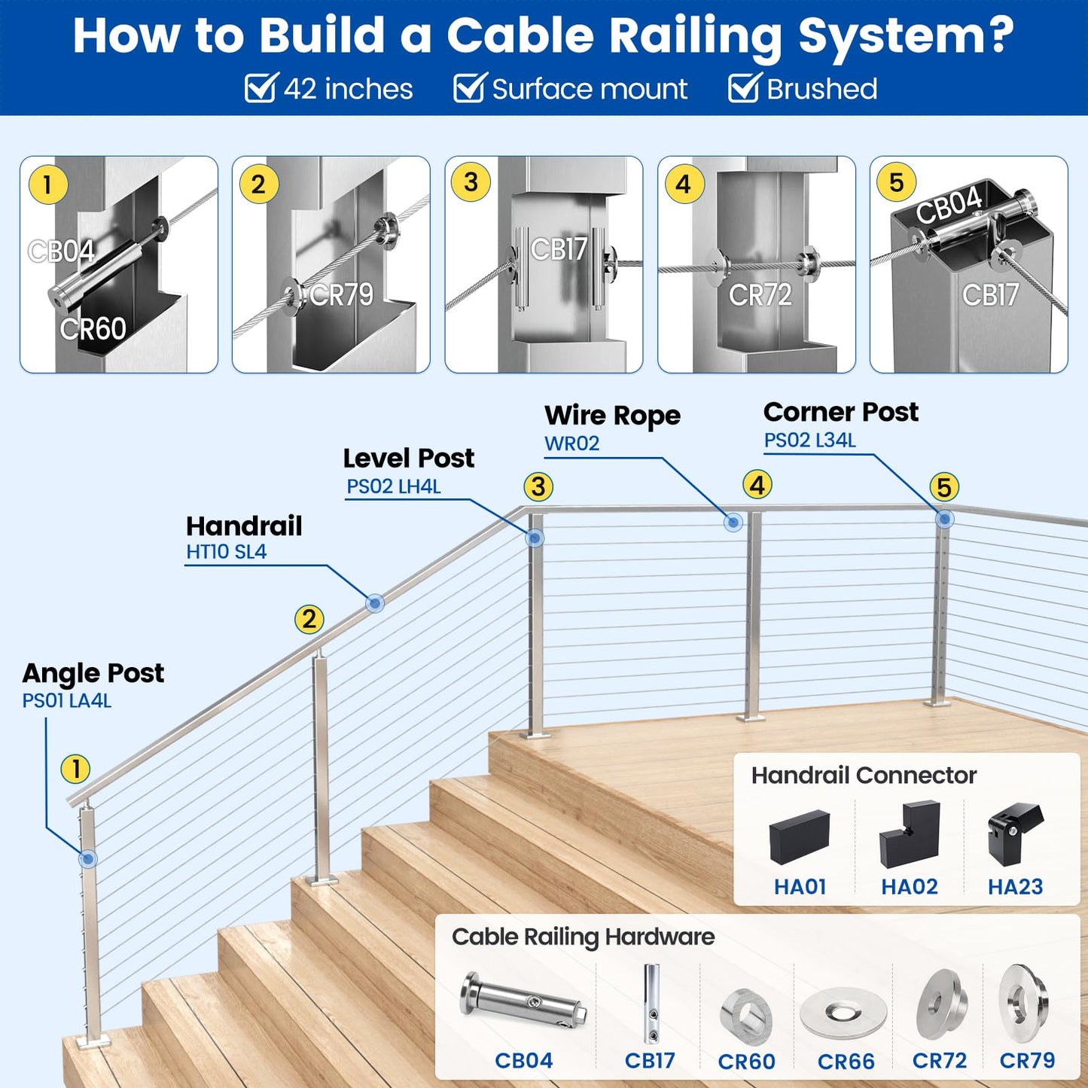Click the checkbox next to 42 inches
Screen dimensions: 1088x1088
pyautogui.click(x=261, y=88)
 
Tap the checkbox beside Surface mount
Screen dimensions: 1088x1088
pyautogui.click(x=470, y=88)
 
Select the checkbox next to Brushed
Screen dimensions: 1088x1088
pyautogui.click(x=744, y=88)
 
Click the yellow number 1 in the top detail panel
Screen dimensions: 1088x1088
pyautogui.click(x=48, y=184)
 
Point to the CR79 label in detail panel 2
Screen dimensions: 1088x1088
pyautogui.click(x=341, y=294)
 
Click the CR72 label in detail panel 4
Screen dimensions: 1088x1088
pyautogui.click(x=760, y=295)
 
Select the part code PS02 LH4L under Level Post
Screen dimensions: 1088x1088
pyautogui.click(x=393, y=486)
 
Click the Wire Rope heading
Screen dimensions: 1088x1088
pyautogui.click(x=612, y=415)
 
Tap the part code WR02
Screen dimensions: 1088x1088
pyautogui.click(x=571, y=443)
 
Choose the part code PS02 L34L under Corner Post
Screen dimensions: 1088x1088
pyautogui.click(x=809, y=440)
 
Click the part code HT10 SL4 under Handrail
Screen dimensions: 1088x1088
pyautogui.click(x=226, y=552)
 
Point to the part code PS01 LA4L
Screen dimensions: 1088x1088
pyautogui.click(x=66, y=701)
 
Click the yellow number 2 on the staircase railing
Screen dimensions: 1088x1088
pyautogui.click(x=309, y=619)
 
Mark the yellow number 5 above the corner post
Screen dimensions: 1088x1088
pyautogui.click(x=944, y=487)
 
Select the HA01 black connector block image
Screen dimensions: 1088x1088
pyautogui.click(x=799, y=836)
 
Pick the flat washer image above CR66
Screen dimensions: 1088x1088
pyautogui.click(x=843, y=1013)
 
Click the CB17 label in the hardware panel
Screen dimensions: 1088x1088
pyautogui.click(x=650, y=1060)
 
